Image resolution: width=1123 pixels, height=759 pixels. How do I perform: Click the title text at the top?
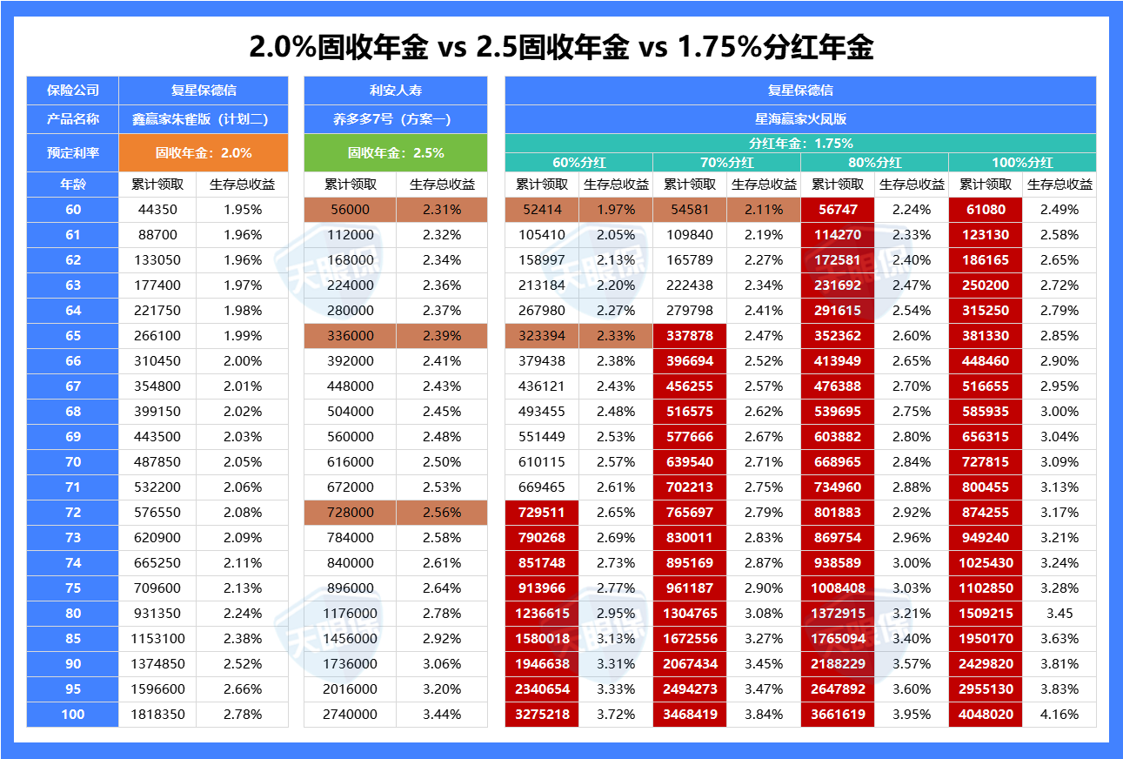click(561, 47)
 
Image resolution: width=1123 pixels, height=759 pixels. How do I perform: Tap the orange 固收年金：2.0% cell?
click(204, 152)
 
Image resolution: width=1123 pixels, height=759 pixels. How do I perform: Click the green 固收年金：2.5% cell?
click(396, 152)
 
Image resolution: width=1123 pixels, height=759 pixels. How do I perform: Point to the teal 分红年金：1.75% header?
click(800, 144)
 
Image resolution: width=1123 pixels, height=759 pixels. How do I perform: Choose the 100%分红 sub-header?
click(1022, 162)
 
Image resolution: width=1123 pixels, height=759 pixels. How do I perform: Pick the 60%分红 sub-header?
click(578, 162)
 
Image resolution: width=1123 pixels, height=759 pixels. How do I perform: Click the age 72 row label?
click(73, 512)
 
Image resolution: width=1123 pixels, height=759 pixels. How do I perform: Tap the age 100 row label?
click(73, 714)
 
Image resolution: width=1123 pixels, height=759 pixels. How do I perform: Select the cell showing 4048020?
click(986, 714)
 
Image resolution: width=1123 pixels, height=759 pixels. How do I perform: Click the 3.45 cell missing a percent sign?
click(1059, 613)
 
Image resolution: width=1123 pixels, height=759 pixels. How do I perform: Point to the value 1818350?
click(157, 714)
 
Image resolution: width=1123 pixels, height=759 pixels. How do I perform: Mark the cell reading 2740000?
click(350, 714)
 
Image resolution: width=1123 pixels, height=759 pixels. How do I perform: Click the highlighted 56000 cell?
click(350, 210)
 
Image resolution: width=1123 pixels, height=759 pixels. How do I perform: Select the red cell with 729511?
click(542, 512)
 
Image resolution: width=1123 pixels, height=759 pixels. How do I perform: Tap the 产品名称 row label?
click(73, 119)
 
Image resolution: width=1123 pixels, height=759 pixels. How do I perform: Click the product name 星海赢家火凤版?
click(800, 119)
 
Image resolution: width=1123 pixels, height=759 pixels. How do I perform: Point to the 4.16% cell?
click(1059, 714)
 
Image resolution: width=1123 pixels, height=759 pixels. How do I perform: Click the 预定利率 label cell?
click(73, 152)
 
